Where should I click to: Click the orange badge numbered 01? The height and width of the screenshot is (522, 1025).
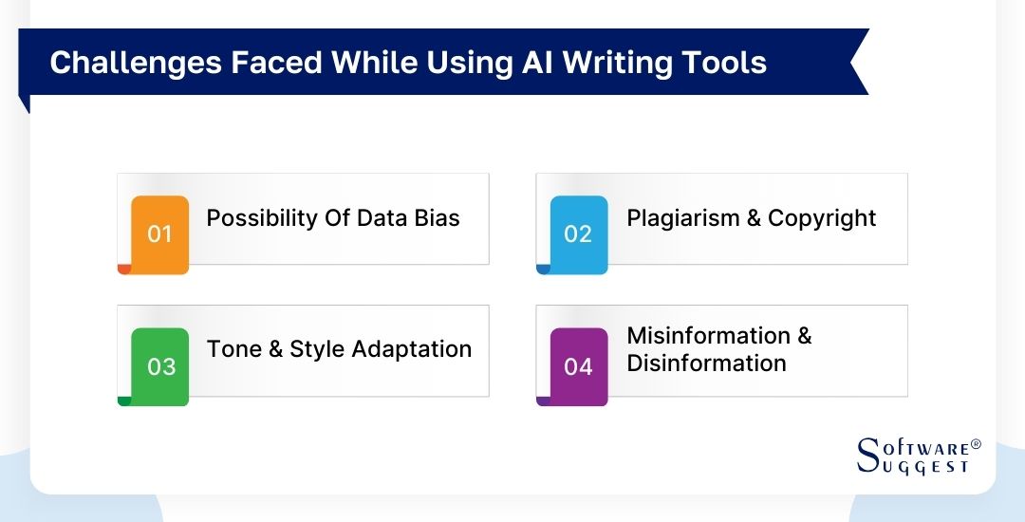[159, 233]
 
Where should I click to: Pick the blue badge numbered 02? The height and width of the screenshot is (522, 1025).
[578, 233]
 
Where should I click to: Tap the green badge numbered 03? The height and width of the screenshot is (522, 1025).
[160, 366]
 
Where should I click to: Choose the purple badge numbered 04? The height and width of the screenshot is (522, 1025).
[578, 366]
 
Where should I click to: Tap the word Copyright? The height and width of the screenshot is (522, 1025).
[822, 218]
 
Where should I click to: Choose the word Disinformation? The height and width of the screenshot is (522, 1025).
[706, 364]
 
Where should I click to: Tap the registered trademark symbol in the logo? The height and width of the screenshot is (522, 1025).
[977, 444]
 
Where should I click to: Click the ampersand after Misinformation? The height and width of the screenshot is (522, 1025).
[804, 336]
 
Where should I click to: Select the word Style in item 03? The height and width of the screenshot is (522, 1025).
[318, 349]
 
